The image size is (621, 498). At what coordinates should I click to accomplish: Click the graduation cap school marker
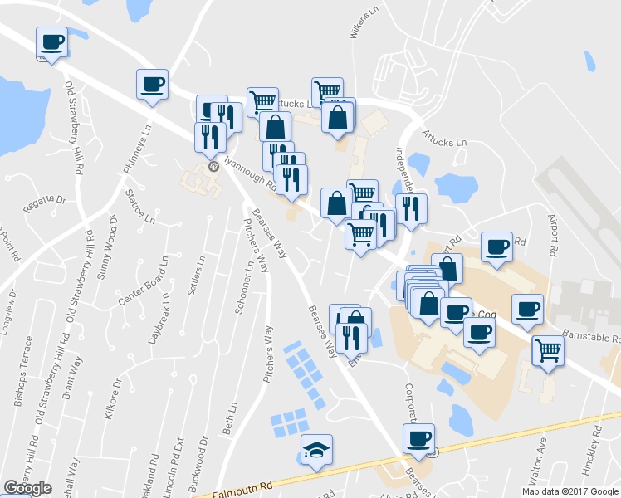click(x=316, y=450)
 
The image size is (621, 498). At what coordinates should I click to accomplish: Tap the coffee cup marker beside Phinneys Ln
click(x=152, y=85)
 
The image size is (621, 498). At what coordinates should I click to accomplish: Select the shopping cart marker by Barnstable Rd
click(x=548, y=350)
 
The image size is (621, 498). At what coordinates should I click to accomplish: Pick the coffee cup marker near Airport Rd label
click(x=496, y=247)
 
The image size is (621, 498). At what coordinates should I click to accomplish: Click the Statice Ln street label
click(x=139, y=207)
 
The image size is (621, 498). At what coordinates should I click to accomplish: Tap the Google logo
click(x=27, y=488)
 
